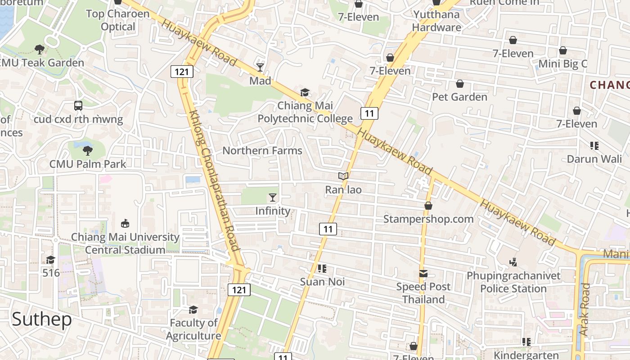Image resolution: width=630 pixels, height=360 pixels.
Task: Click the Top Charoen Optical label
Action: click(118, 20)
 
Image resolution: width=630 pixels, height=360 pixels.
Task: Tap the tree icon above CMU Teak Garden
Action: click(40, 49)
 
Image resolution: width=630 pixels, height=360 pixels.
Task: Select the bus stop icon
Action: click(78, 106)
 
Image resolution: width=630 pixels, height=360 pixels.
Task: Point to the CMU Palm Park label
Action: click(88, 164)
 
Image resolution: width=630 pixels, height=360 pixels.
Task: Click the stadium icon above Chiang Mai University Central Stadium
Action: click(125, 224)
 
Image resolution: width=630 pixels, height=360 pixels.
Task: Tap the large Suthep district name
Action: click(41, 319)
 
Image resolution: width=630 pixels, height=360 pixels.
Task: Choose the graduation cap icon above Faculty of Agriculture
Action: click(193, 310)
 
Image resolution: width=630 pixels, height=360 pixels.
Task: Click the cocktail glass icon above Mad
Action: click(260, 67)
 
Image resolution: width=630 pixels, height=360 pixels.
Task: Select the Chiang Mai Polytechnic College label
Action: click(305, 112)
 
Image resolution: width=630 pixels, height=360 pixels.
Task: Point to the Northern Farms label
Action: click(262, 150)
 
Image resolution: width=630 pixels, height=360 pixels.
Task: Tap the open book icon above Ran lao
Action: click(343, 176)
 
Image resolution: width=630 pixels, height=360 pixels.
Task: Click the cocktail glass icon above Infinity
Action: click(273, 197)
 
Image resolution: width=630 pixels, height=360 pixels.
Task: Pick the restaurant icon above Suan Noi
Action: click(322, 269)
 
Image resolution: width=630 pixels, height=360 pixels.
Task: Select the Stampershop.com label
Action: click(428, 219)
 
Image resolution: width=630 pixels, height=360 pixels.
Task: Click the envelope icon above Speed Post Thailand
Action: click(423, 273)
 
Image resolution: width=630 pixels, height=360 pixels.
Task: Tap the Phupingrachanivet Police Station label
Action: click(513, 282)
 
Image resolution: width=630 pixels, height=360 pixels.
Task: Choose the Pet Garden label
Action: click(459, 97)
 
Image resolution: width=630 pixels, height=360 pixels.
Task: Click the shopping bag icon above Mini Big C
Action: click(563, 50)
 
